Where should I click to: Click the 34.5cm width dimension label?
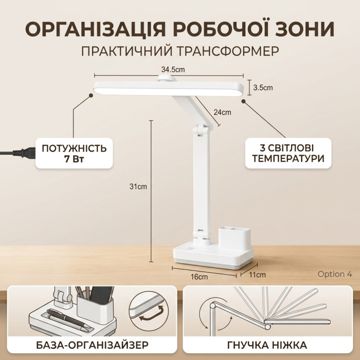173,69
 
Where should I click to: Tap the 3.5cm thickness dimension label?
263,88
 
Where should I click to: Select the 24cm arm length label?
222,112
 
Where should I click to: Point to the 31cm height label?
138,187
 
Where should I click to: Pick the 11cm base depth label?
257,275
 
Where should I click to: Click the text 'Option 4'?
334,274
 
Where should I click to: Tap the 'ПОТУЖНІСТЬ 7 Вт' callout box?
74,153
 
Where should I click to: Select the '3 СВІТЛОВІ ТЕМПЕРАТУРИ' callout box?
288,153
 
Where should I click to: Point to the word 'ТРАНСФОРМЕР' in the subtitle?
228,51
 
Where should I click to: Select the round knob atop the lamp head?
167,78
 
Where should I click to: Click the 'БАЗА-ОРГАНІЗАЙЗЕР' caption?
92,345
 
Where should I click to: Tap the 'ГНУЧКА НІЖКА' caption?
267,345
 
